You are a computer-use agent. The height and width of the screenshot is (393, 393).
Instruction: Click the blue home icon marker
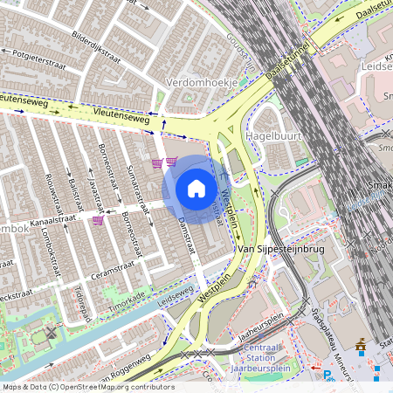click(x=196, y=188)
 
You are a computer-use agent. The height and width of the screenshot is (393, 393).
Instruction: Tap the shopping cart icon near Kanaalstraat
click(x=97, y=220)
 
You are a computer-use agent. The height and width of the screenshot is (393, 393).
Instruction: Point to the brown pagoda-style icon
click(x=362, y=348)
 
